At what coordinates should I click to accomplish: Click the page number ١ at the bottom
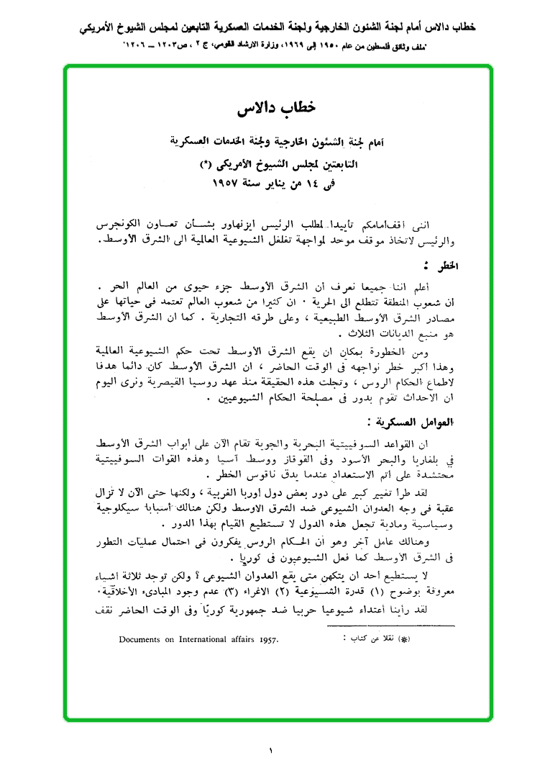pyautogui.click(x=272, y=751)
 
